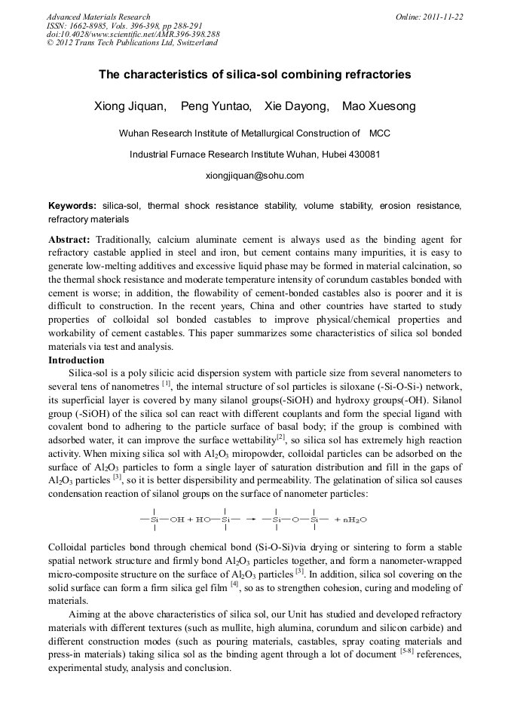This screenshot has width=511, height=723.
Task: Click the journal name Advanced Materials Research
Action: pos(98,17)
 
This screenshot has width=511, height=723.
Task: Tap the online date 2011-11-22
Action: pos(442,17)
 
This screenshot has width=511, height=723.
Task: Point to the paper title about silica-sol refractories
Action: pos(255,75)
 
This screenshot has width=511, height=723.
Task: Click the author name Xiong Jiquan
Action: pos(130,106)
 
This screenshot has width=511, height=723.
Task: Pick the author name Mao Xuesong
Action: pos(378,106)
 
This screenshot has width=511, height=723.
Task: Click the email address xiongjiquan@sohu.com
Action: pos(255,176)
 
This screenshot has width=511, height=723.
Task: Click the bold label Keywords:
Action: pos(72,206)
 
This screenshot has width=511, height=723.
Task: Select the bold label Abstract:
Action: pos(69,238)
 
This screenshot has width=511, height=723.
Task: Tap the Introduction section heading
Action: pos(76,360)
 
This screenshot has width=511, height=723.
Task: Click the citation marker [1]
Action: pos(167,384)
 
